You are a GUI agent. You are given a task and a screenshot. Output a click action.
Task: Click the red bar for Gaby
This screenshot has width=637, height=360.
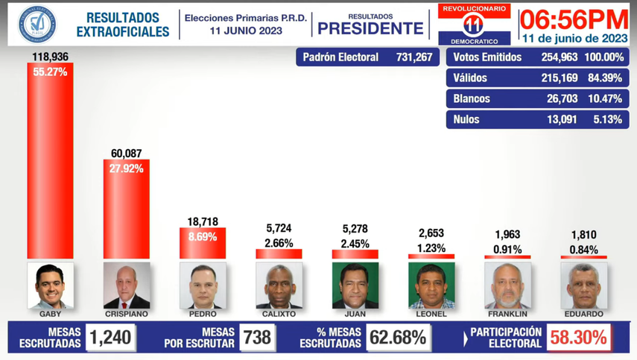tap(50, 160)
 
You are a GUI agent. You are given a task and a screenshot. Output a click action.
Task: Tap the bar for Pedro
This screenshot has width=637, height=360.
tap(203, 244)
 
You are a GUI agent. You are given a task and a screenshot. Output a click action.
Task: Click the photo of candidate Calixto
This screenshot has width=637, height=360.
tap(279, 285)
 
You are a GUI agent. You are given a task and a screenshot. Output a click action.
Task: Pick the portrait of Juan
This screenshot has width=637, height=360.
tap(355, 285)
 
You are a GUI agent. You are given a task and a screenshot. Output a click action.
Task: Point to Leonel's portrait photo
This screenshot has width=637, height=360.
tap(431, 285)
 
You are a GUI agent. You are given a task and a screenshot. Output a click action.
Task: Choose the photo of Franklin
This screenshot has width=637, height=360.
tap(507, 285)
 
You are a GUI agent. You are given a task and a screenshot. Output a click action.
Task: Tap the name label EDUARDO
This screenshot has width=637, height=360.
tap(584, 314)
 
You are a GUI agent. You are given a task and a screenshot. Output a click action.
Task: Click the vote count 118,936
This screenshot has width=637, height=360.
tap(50, 57)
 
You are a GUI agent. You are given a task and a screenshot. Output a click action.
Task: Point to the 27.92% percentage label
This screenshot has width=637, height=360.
tap(126, 168)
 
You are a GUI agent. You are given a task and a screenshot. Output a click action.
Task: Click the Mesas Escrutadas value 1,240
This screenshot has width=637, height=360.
tap(110, 338)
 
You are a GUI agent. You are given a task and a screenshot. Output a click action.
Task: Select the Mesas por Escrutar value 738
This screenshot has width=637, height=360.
tap(257, 338)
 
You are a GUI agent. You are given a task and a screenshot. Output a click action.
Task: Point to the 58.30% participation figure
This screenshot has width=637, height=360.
tap(578, 338)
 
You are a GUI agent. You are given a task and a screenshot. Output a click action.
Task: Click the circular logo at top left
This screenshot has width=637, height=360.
tap(36, 23)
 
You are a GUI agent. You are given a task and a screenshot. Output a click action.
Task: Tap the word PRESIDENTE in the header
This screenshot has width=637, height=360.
tap(370, 29)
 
